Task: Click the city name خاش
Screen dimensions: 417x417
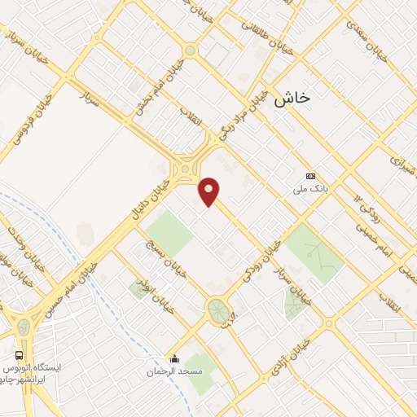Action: pyautogui.click(x=292, y=98)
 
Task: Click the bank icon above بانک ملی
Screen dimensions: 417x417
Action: pyautogui.click(x=310, y=176)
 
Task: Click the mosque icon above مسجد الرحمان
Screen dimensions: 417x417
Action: pyautogui.click(x=173, y=357)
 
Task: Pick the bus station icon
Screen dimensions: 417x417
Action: pyautogui.click(x=19, y=355)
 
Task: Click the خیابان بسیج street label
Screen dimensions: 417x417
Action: pyautogui.click(x=166, y=258)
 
